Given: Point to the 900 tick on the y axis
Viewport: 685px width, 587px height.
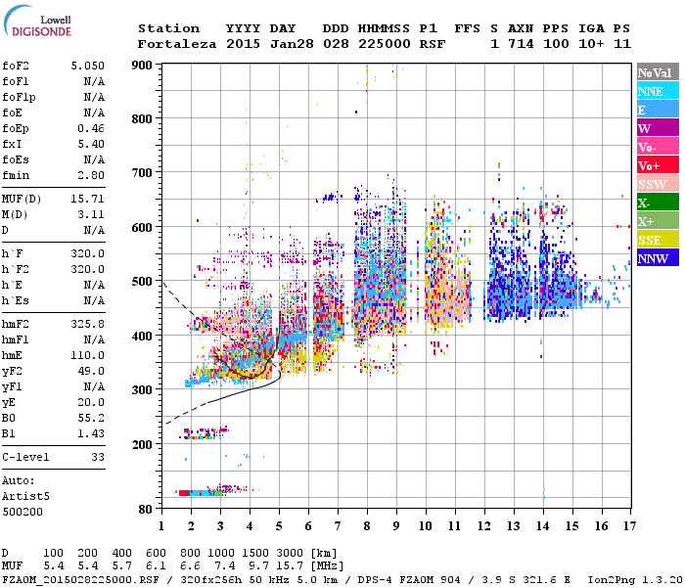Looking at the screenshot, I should click(x=144, y=65).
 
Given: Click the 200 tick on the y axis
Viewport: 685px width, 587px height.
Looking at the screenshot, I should click(x=144, y=444).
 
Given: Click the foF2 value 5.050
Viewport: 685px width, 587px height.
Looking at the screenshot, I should click(x=87, y=65).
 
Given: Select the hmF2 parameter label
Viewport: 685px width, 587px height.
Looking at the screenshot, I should click(x=16, y=323).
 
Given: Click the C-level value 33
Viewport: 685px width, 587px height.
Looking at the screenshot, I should click(x=97, y=457).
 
